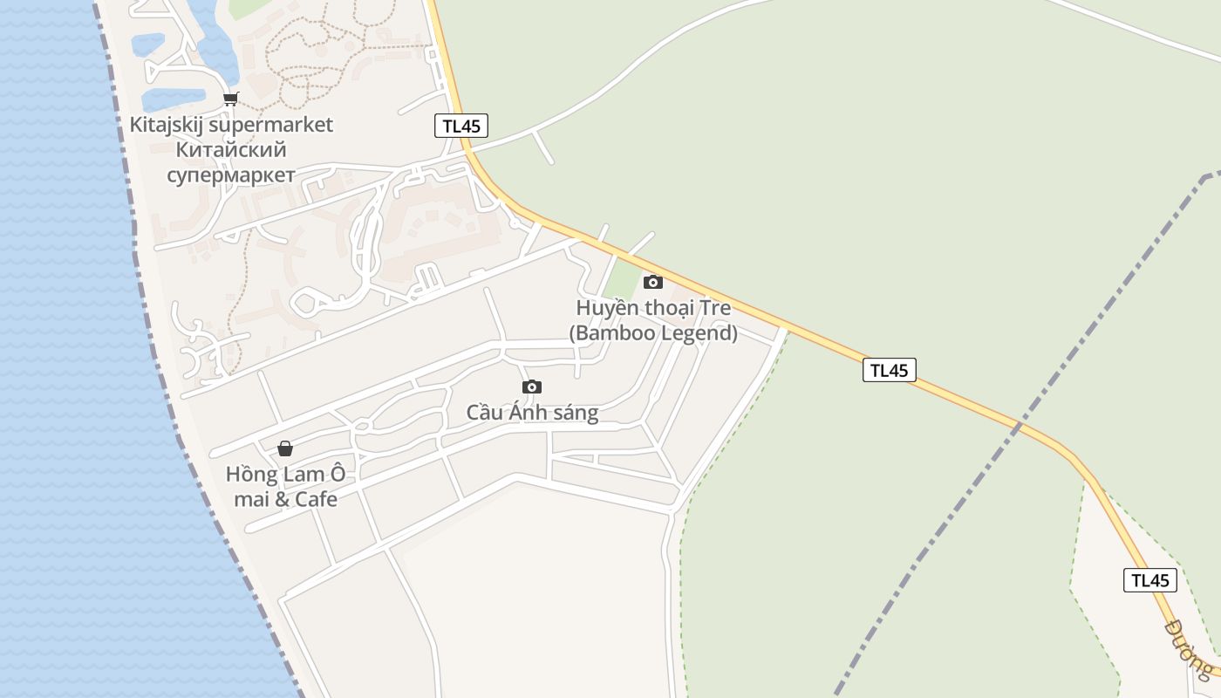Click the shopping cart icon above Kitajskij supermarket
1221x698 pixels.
click(230, 99)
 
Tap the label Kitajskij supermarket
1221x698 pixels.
click(231, 125)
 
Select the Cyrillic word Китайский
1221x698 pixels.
click(231, 150)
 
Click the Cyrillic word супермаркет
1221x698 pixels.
click(231, 174)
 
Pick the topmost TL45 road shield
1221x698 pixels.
click(461, 126)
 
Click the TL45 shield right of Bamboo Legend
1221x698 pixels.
click(889, 370)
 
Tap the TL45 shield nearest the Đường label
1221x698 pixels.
click(1149, 580)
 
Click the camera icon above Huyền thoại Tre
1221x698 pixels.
click(652, 282)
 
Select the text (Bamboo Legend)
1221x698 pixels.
click(653, 333)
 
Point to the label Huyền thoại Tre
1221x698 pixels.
click(653, 308)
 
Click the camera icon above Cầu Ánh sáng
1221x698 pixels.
click(532, 387)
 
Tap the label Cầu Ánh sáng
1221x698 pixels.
click(532, 413)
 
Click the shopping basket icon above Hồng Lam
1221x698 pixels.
click(285, 448)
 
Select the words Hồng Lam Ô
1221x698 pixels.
click(285, 475)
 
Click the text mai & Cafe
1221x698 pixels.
click(285, 499)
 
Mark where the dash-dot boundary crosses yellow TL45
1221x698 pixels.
click(1018, 427)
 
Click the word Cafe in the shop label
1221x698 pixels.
click(316, 499)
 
